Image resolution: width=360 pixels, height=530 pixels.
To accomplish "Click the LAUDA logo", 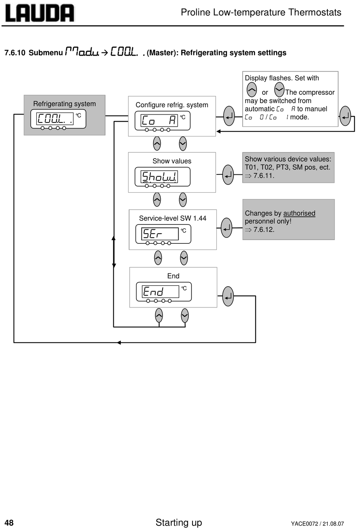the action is tap(39, 13).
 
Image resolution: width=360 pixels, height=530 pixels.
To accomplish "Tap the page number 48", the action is tap(9, 523).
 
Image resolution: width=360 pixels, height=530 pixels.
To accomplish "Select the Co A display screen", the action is tap(163, 121).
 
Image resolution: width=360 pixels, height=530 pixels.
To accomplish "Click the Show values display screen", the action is tap(163, 177).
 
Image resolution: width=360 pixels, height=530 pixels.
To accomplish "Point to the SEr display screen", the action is tap(163, 234).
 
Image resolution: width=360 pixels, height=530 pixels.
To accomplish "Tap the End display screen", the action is tap(164, 292).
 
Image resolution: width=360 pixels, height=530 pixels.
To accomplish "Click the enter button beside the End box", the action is tap(228, 296).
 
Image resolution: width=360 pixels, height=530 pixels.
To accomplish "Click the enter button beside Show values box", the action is tap(228, 175).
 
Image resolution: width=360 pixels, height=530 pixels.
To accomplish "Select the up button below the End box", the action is tap(159, 316).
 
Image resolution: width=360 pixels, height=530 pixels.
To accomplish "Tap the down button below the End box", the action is tap(185, 316).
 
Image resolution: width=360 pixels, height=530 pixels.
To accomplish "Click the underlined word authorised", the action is tap(299, 213).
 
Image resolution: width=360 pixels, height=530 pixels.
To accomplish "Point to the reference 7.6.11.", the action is tap(264, 176).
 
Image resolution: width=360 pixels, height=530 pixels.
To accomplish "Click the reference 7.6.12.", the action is tap(264, 229).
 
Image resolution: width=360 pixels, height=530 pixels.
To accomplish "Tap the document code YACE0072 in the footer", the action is tap(304, 524).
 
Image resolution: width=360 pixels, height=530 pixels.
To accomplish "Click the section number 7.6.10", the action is tap(15, 53).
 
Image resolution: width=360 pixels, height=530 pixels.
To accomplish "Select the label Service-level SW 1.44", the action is tap(173, 218).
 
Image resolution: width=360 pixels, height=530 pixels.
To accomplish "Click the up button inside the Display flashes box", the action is tap(252, 90).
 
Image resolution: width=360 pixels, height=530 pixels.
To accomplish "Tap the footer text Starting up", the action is tap(179, 522).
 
